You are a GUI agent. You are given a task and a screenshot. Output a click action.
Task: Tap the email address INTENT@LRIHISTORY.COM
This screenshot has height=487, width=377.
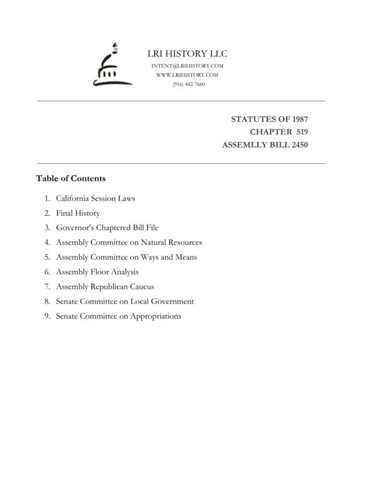[x=188, y=66]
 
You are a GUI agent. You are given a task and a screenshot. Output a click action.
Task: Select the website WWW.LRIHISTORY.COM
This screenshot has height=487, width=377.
[x=188, y=75]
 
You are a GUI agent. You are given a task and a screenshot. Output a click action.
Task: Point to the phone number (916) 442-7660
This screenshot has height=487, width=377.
[x=188, y=84]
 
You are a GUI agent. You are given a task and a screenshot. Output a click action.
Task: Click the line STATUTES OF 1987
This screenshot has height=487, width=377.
[x=270, y=119]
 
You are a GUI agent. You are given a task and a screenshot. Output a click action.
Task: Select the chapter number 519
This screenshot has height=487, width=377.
[x=299, y=132]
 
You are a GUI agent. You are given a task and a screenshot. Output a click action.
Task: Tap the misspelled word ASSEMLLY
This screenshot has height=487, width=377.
[x=246, y=145]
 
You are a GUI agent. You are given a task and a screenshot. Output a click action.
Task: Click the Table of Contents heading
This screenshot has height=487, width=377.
[x=70, y=178]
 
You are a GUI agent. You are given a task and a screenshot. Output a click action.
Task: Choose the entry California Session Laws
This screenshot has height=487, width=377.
[x=96, y=198]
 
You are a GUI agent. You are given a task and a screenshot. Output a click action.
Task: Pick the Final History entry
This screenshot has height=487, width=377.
[x=78, y=213]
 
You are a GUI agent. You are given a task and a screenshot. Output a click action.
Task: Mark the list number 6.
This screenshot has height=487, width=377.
[x=47, y=272]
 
